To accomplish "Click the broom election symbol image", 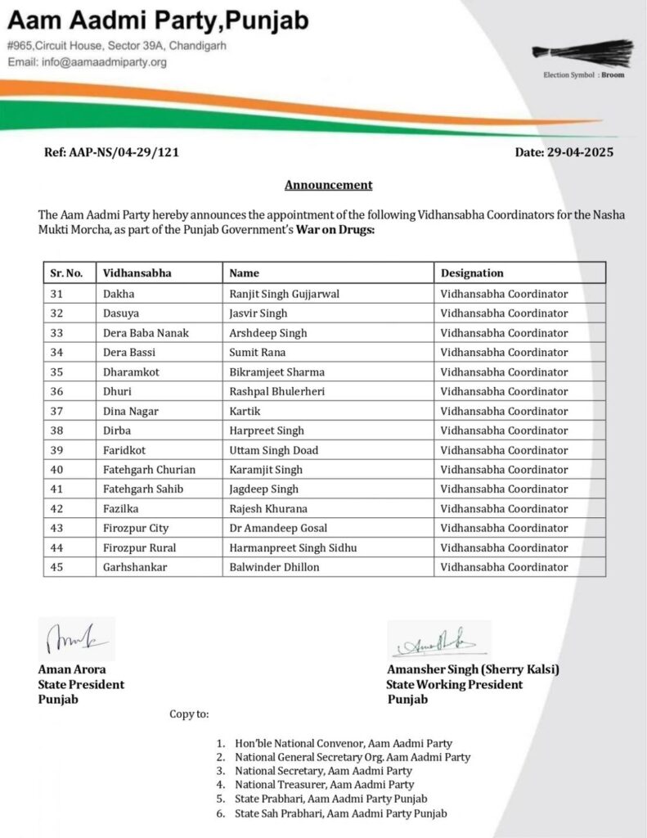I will click(x=582, y=52).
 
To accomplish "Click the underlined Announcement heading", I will click(x=328, y=185).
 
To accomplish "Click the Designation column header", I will click(x=472, y=273).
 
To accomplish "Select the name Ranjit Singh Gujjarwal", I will click(x=284, y=294).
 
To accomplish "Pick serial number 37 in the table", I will click(x=56, y=411).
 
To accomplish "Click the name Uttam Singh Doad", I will click(x=274, y=450).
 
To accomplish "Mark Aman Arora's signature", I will click(x=77, y=639).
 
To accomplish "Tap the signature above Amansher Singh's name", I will click(x=438, y=640).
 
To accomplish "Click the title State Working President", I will click(x=455, y=684).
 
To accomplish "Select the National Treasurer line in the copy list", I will click(x=324, y=784).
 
